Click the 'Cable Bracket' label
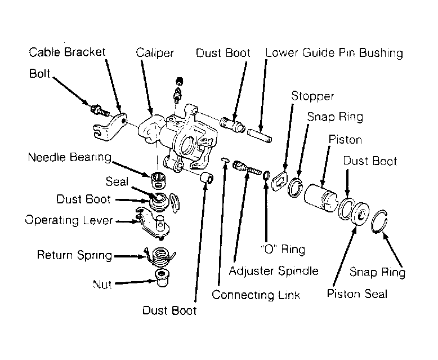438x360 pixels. click(67, 52)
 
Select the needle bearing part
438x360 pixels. click(158, 180)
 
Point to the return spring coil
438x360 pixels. click(160, 256)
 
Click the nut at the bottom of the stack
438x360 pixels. click(162, 278)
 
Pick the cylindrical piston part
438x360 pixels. click(320, 197)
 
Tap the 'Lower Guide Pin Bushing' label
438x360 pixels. click(334, 53)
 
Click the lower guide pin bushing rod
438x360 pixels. click(260, 135)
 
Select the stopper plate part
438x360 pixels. click(279, 181)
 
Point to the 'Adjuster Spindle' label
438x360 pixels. click(274, 271)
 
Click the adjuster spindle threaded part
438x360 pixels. click(247, 168)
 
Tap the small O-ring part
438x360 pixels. click(266, 175)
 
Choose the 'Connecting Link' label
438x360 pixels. click(256, 295)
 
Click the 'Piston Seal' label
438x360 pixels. click(357, 294)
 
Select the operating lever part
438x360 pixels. click(153, 223)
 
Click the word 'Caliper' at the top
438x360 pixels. click(155, 53)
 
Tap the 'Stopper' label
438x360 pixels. click(312, 96)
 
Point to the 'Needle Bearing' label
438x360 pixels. click(70, 157)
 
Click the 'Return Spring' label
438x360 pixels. click(74, 255)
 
